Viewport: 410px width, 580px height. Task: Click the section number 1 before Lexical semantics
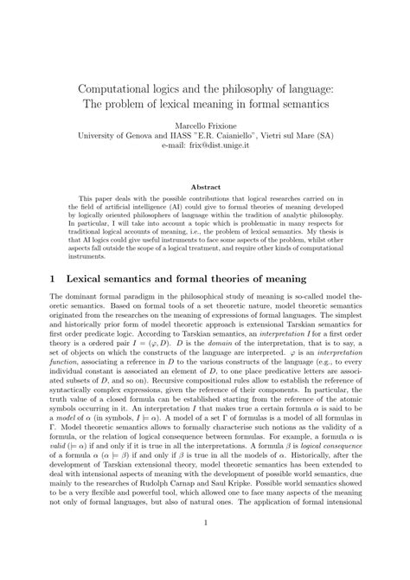pos(30,279)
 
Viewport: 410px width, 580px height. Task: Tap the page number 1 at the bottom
pos(205,547)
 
